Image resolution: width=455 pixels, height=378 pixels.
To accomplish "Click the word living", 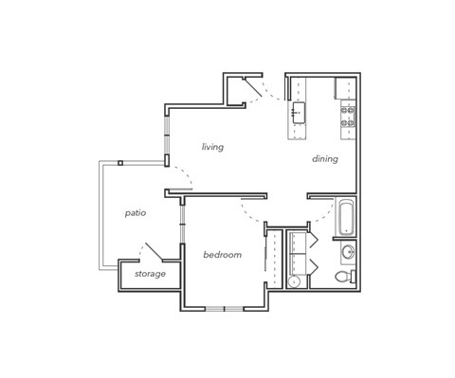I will point(212,147).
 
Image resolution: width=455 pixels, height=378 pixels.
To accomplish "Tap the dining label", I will point(324,159).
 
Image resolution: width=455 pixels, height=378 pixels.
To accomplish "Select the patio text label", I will point(135,213).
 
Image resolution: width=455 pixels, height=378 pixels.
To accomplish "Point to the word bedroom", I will point(222,255).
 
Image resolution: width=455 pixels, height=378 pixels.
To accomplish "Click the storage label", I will point(150,274).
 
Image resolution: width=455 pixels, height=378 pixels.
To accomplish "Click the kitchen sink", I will point(298,113).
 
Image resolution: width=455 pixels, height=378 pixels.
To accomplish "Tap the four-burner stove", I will point(348,116).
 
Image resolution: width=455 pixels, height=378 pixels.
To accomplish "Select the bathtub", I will point(345,217).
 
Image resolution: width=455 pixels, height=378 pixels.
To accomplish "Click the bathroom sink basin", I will point(347,252).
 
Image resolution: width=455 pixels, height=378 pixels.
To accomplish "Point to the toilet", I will point(351,277).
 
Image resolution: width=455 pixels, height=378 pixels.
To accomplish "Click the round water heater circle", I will point(294,281).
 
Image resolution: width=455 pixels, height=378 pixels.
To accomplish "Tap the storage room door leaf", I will point(152,252).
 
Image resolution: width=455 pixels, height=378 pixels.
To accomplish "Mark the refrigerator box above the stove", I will point(345,88).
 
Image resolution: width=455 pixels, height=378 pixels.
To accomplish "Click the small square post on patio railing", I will point(120,163).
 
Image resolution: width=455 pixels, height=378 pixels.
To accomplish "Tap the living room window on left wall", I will point(167,133).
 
